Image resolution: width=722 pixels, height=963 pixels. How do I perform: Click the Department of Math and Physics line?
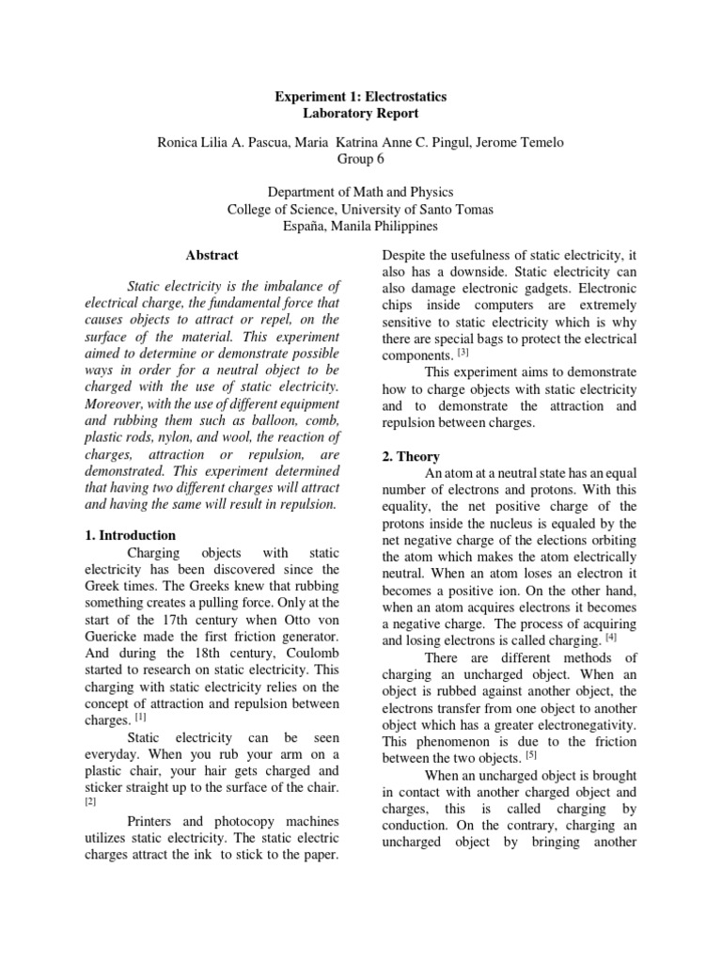point(360,193)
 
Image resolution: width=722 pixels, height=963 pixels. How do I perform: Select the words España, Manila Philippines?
point(360,227)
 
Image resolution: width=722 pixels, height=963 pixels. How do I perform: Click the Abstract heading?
point(212,255)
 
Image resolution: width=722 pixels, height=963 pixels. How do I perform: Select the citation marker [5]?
point(531,754)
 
